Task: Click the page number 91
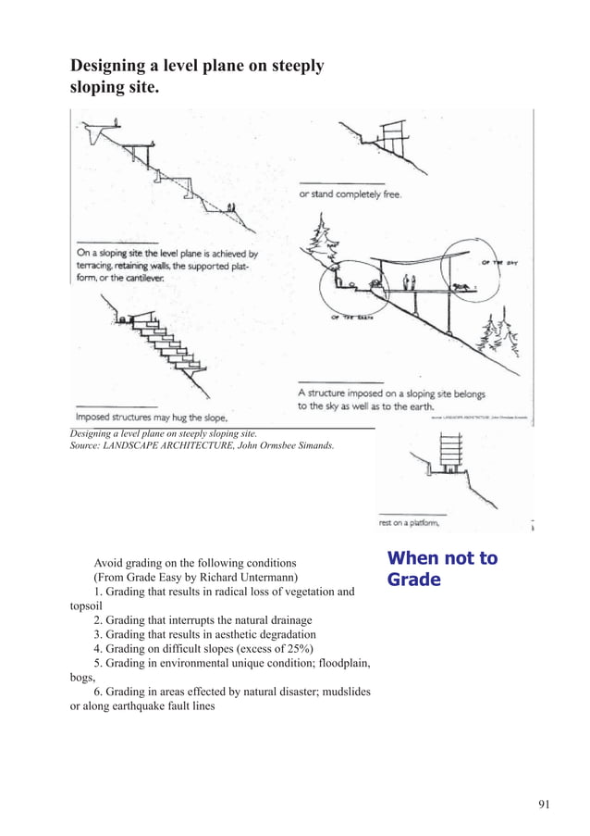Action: (x=543, y=804)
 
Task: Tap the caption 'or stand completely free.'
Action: (x=350, y=194)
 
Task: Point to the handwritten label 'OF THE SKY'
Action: (x=498, y=263)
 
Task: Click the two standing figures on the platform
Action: (x=408, y=281)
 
